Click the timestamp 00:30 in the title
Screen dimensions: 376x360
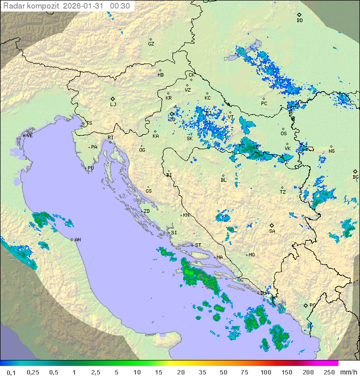tap(120, 6)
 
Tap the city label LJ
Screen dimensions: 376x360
tap(113, 105)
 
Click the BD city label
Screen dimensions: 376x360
tap(299, 21)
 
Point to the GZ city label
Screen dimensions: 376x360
tap(151, 44)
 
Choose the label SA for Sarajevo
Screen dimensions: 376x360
tap(272, 231)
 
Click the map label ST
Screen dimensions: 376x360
tap(198, 245)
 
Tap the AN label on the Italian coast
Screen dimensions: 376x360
tap(77, 240)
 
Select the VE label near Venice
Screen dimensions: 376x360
tap(29, 136)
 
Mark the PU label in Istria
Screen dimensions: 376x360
tap(90, 168)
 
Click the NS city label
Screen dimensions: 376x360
tap(331, 151)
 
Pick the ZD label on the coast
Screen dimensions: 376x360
tap(147, 211)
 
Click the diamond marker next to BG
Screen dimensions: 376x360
tap(355, 171)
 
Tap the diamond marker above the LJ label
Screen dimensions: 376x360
tap(113, 99)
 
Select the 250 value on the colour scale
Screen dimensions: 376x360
tap(328, 372)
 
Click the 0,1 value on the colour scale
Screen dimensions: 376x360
tap(11, 372)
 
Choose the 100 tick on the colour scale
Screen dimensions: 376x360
tap(265, 372)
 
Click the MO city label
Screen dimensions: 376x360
tap(251, 255)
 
